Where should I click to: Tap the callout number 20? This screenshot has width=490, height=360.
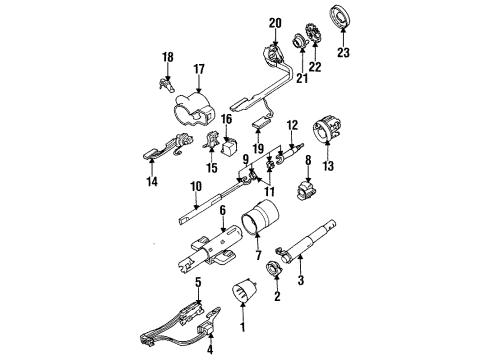click(276, 21)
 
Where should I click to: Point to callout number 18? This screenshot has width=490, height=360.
click(168, 57)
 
